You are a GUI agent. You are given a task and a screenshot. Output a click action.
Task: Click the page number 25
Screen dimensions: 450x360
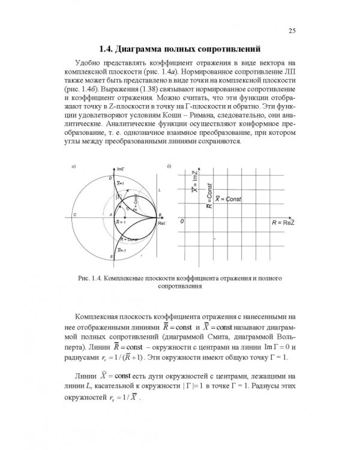[291, 31]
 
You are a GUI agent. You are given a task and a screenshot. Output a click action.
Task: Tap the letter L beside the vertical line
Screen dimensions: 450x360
[159, 190]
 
